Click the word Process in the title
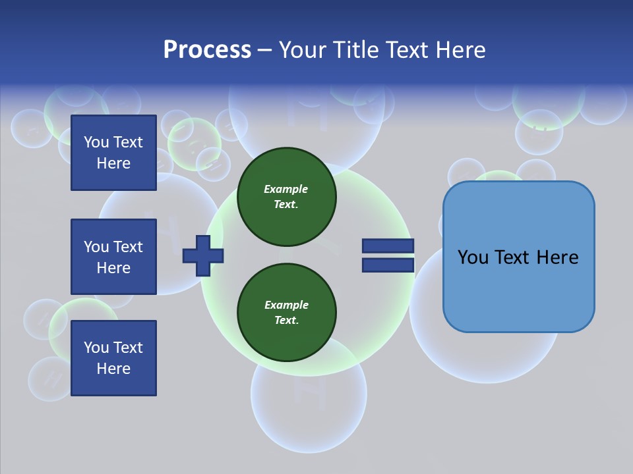click(x=207, y=50)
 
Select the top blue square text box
click(x=113, y=153)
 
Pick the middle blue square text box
click(x=113, y=257)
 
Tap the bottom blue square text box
click(x=113, y=358)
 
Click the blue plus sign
click(x=202, y=255)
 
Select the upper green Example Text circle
click(x=286, y=197)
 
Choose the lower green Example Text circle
click(x=286, y=313)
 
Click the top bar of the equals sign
click(x=388, y=246)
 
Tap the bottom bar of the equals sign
click(x=388, y=265)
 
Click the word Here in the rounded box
click(x=557, y=257)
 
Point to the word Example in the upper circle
click(x=286, y=189)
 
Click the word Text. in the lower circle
click(x=286, y=321)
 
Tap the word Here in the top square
click(x=113, y=163)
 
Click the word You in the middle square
click(x=95, y=247)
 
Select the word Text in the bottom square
click(x=128, y=348)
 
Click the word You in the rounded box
click(x=473, y=257)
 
